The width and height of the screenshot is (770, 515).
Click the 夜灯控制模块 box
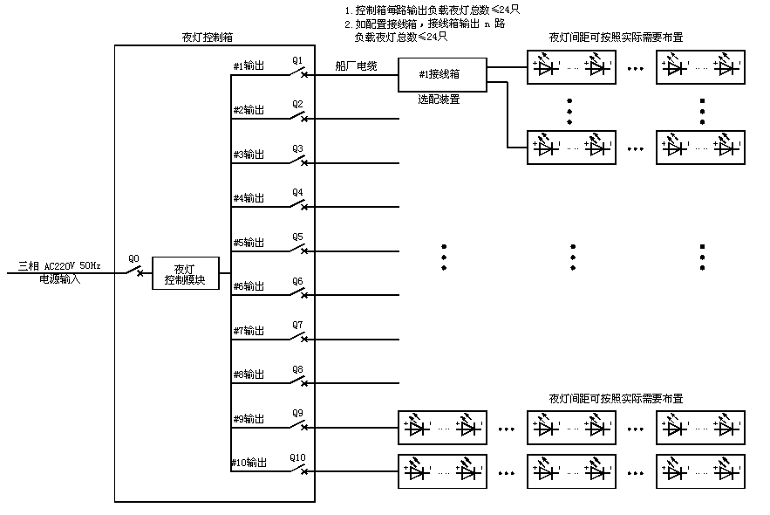click(185, 274)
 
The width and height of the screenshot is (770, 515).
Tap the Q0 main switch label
click(133, 258)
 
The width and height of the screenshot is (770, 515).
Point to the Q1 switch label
click(297, 61)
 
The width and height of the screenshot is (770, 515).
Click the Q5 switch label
click(297, 237)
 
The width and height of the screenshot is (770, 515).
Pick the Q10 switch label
click(297, 457)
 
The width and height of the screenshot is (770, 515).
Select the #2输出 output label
click(249, 110)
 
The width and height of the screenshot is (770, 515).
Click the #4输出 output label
click(249, 198)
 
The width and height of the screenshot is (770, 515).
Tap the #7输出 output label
click(249, 331)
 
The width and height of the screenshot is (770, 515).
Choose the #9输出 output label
click(249, 418)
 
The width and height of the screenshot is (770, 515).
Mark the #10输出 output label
click(249, 463)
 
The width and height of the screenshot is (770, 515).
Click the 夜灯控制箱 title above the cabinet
click(207, 38)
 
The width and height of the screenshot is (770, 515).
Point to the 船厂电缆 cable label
click(356, 65)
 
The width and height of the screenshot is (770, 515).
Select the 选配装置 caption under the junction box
click(439, 100)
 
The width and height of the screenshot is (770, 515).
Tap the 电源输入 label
click(59, 279)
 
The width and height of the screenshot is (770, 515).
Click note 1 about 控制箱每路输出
click(432, 10)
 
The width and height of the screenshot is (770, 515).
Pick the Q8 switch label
click(297, 369)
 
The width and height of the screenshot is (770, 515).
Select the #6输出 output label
click(249, 286)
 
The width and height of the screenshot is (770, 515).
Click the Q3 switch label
click(297, 148)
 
